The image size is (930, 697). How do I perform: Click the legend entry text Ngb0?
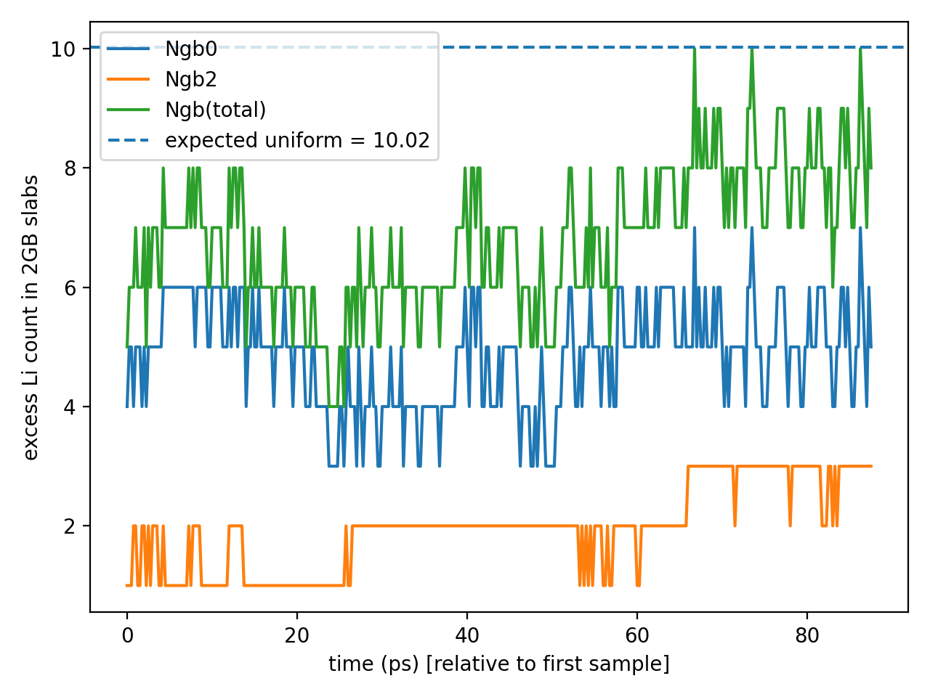[x=191, y=49]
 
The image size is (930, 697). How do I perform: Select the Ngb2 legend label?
[x=191, y=80]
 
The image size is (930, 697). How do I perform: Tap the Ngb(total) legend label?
[x=216, y=110]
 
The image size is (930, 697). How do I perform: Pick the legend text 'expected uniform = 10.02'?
[x=297, y=140]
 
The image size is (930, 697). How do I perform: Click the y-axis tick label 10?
[x=63, y=49]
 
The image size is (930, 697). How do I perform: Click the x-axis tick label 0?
[x=127, y=636]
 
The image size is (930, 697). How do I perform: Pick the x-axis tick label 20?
[x=297, y=636]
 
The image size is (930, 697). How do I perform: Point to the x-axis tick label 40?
[x=467, y=636]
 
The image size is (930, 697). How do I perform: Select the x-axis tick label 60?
[x=637, y=636]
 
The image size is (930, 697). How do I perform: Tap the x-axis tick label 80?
[x=807, y=636]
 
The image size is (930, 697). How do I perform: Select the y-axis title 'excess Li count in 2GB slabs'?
[x=31, y=317]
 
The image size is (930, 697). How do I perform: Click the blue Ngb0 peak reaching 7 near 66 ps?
[x=695, y=229]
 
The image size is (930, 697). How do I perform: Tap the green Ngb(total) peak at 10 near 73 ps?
[x=752, y=50]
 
